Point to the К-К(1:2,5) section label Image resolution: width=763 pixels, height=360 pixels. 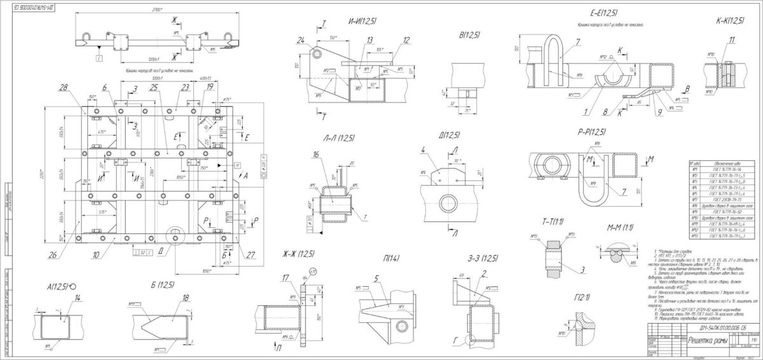[x=725, y=21]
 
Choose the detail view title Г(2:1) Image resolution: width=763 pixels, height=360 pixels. [x=582, y=296]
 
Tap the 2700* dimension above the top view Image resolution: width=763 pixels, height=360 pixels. [x=150, y=11]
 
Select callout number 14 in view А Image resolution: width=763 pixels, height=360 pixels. [x=77, y=298]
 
